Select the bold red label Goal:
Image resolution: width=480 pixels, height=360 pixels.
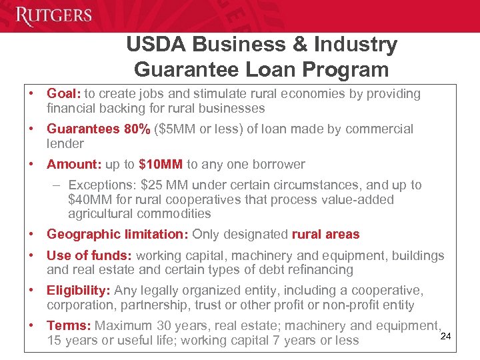pyautogui.click(x=63, y=94)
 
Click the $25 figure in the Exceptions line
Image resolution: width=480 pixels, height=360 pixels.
pyautogui.click(x=175, y=185)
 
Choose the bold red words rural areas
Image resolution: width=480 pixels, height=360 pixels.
pyautogui.click(x=326, y=235)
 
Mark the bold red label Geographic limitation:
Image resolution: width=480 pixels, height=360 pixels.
pyautogui.click(x=118, y=235)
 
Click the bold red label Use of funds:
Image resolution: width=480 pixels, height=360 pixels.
pyautogui.click(x=89, y=256)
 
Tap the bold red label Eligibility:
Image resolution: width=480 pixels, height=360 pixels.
pyautogui.click(x=79, y=291)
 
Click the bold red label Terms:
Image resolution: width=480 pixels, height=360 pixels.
pyautogui.click(x=69, y=326)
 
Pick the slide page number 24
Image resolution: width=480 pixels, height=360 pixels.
pyautogui.click(x=446, y=336)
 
